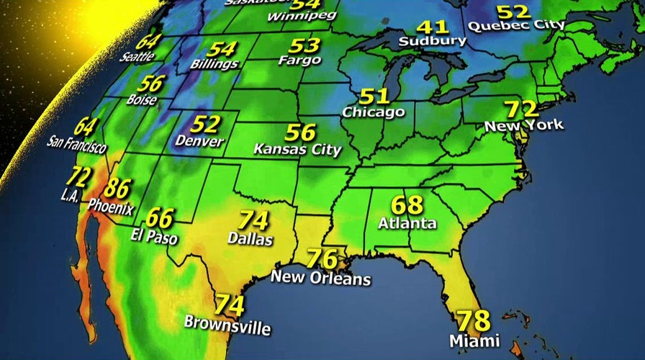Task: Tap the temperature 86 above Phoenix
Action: (x=117, y=189)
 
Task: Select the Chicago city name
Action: (x=373, y=112)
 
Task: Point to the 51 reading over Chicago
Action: (x=374, y=96)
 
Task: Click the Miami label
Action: (x=469, y=339)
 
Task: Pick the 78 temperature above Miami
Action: (x=472, y=320)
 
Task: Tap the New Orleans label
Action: (x=320, y=278)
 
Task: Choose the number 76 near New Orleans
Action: (x=322, y=258)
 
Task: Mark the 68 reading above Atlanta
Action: (x=407, y=204)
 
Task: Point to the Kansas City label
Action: (x=297, y=150)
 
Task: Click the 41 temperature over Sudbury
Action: (x=430, y=27)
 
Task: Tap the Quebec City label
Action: (x=517, y=25)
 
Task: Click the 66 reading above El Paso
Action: (x=161, y=217)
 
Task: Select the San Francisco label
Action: (x=76, y=145)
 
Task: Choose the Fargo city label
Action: (x=299, y=61)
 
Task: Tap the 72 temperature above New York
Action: (x=520, y=109)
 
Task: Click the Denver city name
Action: (x=199, y=141)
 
